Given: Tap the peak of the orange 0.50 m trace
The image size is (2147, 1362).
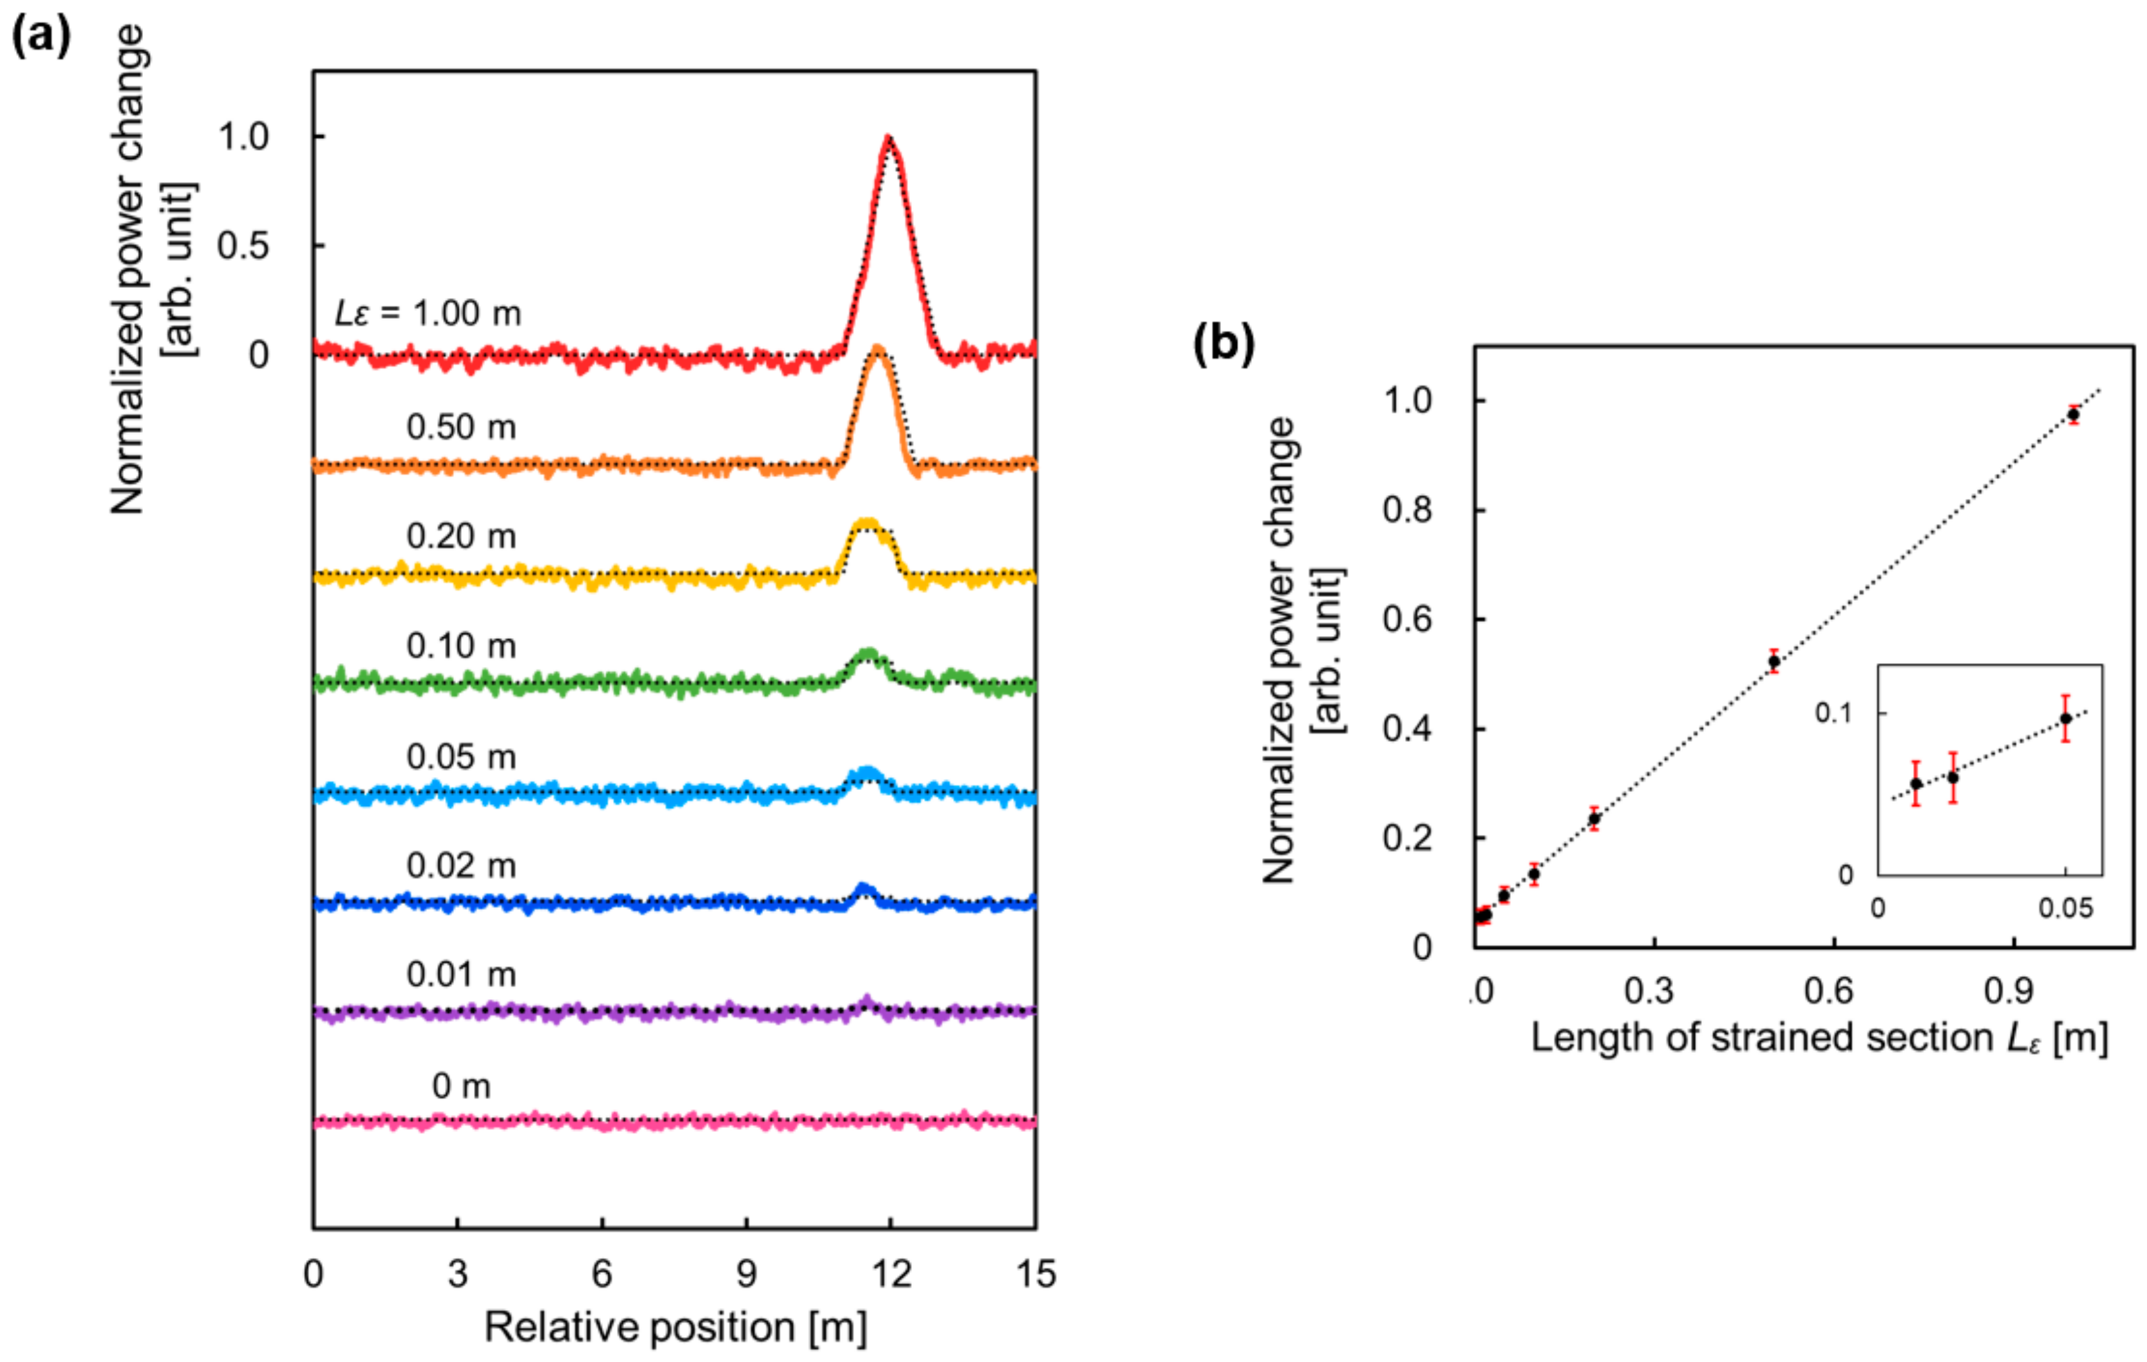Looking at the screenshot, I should (x=879, y=348).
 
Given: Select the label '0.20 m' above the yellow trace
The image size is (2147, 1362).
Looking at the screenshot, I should (x=461, y=535).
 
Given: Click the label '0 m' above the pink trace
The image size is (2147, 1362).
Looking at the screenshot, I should (x=461, y=1086).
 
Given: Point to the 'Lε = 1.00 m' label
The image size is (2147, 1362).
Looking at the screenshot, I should (x=427, y=313).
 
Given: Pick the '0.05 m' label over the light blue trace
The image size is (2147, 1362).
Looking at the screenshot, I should (x=461, y=757).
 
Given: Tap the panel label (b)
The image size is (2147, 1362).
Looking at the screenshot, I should (x=1224, y=343).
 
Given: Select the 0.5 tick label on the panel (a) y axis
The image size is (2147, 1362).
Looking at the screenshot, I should (x=242, y=246).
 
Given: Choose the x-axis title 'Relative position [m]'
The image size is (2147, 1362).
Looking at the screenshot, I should (x=675, y=1327).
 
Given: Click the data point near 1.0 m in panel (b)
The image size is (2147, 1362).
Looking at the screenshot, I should (x=2074, y=414).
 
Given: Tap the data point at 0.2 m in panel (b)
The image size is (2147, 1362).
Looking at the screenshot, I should (x=1594, y=818).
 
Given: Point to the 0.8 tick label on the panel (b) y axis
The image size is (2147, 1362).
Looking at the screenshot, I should (x=1407, y=510).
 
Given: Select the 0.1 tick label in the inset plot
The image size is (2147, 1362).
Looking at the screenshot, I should (x=1833, y=713).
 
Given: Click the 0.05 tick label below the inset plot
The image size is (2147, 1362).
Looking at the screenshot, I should (x=2066, y=908).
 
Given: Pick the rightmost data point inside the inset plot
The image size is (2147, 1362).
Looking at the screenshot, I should (x=2066, y=718).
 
